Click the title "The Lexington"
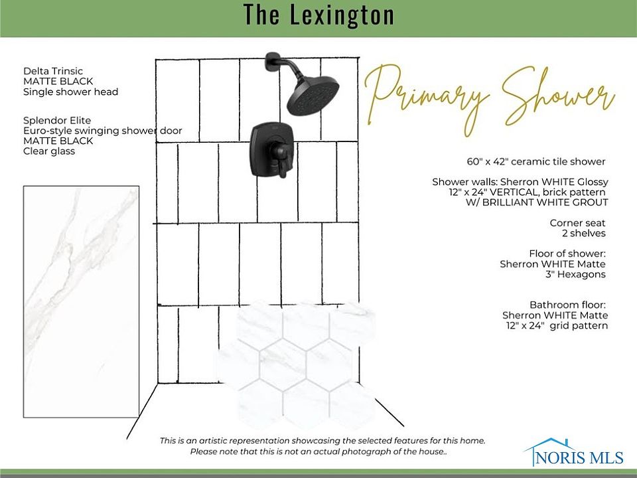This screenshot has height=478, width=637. coord(319,15)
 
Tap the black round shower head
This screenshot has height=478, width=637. coord(313,94)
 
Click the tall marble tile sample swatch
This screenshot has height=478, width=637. coord(81,301)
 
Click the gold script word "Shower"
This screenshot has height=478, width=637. coord(558,98)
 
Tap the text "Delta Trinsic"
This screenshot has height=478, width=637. coord(53,71)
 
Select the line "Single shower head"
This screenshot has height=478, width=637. coord(71,92)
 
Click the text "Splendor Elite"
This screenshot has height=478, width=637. coord(57,120)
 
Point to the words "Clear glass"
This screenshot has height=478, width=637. coord(49,151)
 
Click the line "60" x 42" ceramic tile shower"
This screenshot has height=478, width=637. coord(536,161)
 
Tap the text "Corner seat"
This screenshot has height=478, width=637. coord(577,223)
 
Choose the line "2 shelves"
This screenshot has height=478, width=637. coord(584,233)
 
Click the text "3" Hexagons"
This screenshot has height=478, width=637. coord(576,274)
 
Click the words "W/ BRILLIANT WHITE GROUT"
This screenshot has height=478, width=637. coord(537,202)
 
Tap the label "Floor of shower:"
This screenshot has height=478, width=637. coord(567,254)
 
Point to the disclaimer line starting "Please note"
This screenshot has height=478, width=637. coord(318,451)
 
